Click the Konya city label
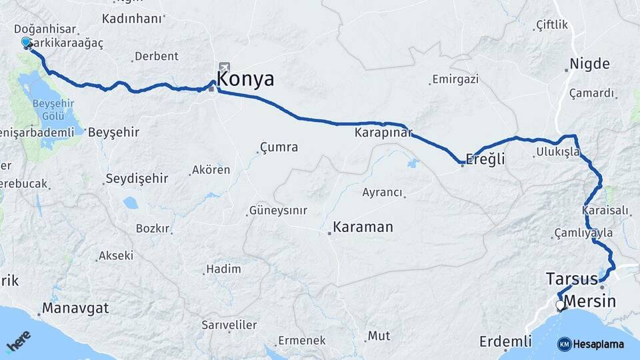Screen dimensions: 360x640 tap(245, 79)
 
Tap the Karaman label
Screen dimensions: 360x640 tap(363, 227)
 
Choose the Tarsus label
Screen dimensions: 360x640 tap(571, 278)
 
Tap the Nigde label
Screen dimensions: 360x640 tap(589, 65)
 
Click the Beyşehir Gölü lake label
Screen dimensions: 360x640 tap(53, 109)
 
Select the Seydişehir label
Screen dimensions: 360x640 tap(137, 179)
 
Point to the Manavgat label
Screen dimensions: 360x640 tap(75, 309)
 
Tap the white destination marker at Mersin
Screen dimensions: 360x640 tap(560, 306)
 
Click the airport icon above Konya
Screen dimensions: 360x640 tap(223, 67)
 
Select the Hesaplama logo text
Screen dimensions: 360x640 tap(598, 344)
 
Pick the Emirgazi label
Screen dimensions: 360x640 tap(455, 79)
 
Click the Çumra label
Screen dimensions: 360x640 tap(279, 147)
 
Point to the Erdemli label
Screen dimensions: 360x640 tap(505, 342)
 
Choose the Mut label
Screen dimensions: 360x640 tap(379, 336)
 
